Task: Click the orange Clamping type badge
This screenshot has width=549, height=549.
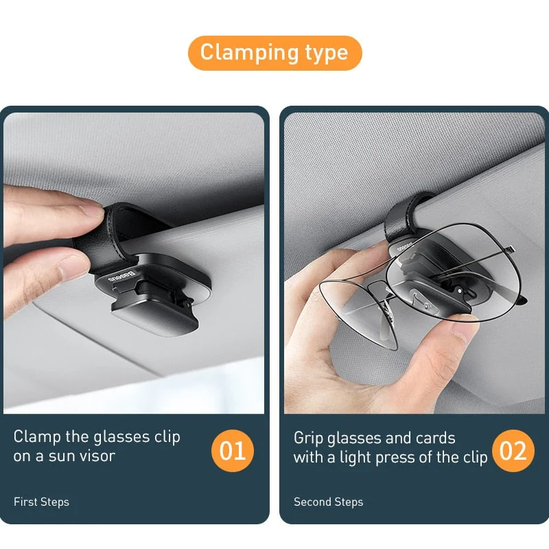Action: pos(274,53)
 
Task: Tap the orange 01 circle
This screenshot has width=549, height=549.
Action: pos(233,451)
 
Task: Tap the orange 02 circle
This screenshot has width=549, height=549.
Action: pos(513,451)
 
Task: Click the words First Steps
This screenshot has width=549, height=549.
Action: pos(41,502)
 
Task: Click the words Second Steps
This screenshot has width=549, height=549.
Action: pos(328,502)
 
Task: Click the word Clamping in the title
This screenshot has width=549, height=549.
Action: pos(244,53)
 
